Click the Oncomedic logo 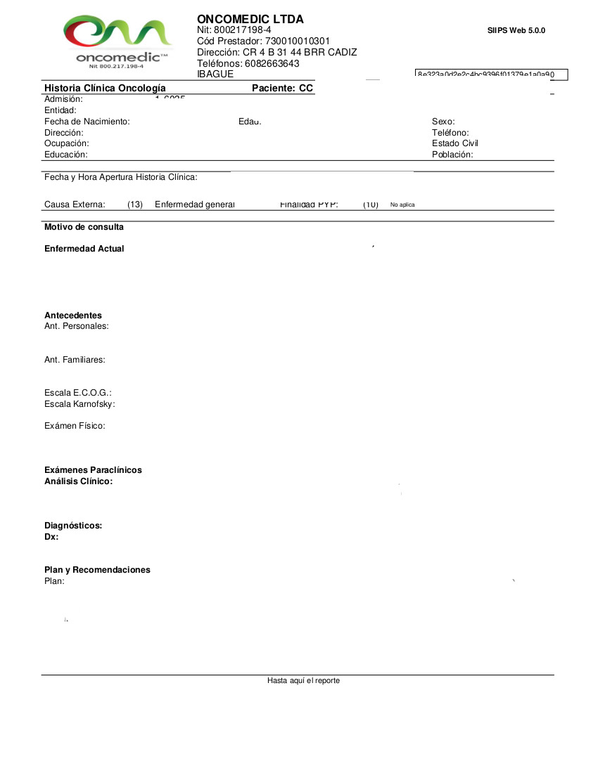point(117,41)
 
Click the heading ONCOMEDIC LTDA point(250,19)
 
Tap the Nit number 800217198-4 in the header point(242,30)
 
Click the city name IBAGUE point(215,74)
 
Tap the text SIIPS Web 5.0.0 point(516,30)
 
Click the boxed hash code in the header point(491,74)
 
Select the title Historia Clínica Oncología point(105,88)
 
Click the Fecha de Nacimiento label point(87,122)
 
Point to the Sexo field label point(443,122)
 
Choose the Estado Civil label point(455,143)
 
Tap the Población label point(452,155)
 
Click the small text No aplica point(402,204)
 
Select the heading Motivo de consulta point(84,227)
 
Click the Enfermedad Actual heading point(84,249)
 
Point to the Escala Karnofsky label point(79,404)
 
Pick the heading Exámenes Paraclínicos point(93,470)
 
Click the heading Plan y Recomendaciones point(97,570)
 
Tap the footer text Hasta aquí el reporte point(303,680)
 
